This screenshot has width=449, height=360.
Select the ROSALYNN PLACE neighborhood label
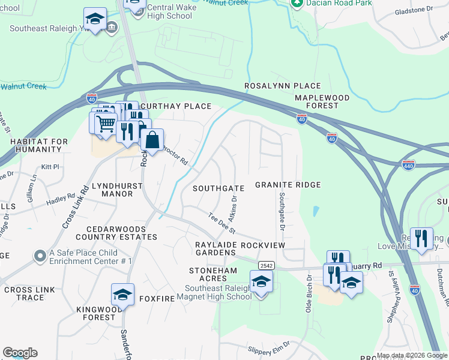pyautogui.click(x=282, y=86)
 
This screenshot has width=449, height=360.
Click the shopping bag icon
pyautogui.click(x=153, y=141)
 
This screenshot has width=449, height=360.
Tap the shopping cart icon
pyautogui.click(x=106, y=124)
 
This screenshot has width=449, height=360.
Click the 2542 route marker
pyautogui.click(x=267, y=265)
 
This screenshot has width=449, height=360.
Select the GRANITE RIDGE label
pyautogui.click(x=288, y=185)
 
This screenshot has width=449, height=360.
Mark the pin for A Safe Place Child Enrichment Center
pyautogui.click(x=40, y=256)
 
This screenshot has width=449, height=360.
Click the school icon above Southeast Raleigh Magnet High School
pyautogui.click(x=261, y=281)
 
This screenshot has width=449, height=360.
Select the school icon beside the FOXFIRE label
pyautogui.click(x=122, y=295)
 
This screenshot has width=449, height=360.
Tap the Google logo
pyautogui.click(x=20, y=353)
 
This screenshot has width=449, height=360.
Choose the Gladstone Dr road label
pyautogui.click(x=414, y=11)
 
